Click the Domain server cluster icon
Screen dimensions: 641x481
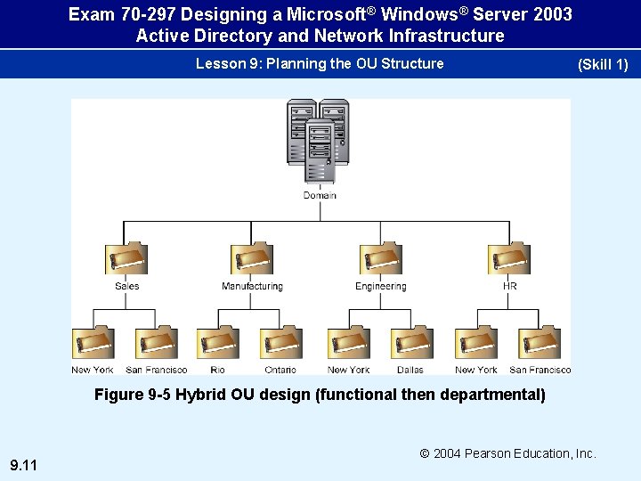pos(319,143)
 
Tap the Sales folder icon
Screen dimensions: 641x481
pos(126,259)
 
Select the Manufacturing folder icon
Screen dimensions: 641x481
pos(252,259)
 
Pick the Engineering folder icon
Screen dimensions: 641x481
pos(380,259)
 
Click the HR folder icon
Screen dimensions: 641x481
pos(509,259)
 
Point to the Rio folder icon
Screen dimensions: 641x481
pos(218,343)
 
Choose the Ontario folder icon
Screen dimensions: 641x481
pos(280,343)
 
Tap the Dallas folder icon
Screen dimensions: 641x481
pos(410,343)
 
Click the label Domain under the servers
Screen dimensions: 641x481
pos(320,195)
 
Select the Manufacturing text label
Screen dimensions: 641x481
pos(252,287)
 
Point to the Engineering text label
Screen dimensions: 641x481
pos(380,287)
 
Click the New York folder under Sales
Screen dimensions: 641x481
pos(93,343)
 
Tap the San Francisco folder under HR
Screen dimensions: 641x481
pos(540,343)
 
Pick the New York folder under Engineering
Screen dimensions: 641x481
pos(348,343)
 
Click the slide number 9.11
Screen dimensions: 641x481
pos(23,465)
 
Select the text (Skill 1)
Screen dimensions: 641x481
pos(603,65)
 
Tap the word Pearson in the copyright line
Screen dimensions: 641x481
pos(488,453)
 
